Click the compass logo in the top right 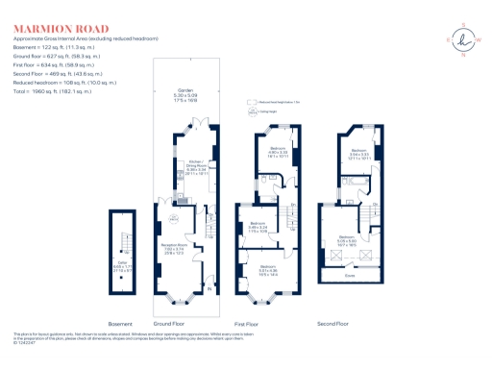pyautogui.click(x=463, y=39)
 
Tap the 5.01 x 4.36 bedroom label pyautogui.click(x=268, y=270)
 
